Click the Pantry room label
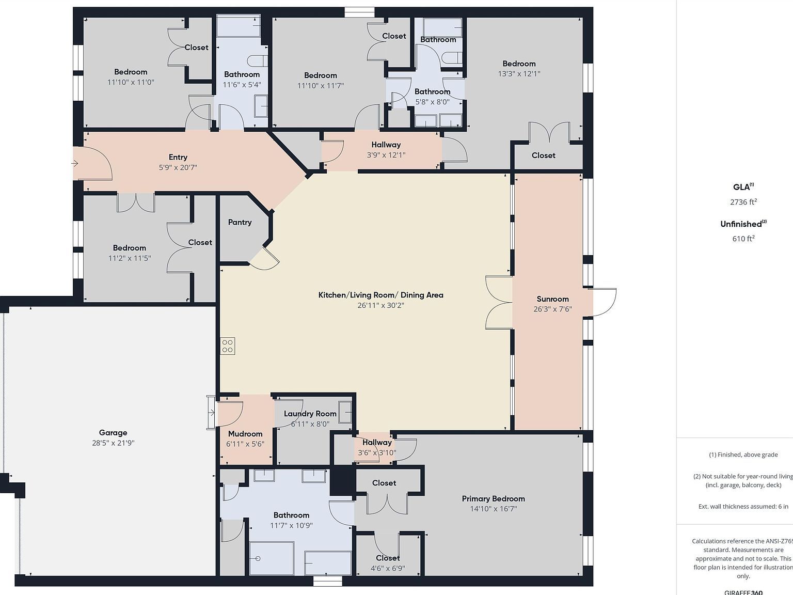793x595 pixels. pyautogui.click(x=240, y=222)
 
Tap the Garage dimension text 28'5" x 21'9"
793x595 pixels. pyautogui.click(x=113, y=443)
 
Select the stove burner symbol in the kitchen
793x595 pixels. pyautogui.click(x=228, y=346)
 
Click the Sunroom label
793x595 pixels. pyautogui.click(x=552, y=299)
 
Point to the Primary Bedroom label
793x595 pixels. pyautogui.click(x=493, y=498)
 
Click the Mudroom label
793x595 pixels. pyautogui.click(x=245, y=434)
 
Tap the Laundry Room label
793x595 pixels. pyautogui.click(x=310, y=414)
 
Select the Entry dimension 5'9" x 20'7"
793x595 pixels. pyautogui.click(x=178, y=167)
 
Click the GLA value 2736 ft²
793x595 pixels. pyautogui.click(x=743, y=202)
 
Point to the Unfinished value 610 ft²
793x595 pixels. pyautogui.click(x=743, y=239)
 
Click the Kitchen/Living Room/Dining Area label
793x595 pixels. pyautogui.click(x=380, y=295)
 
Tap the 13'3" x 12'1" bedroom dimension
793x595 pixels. pyautogui.click(x=519, y=73)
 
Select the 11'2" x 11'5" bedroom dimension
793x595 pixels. pyautogui.click(x=129, y=258)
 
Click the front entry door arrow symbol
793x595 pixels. pyautogui.click(x=75, y=164)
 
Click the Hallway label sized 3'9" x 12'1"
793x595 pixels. pyautogui.click(x=386, y=145)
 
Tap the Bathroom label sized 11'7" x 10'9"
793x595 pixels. pyautogui.click(x=291, y=515)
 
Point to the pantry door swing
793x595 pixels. pyautogui.click(x=266, y=258)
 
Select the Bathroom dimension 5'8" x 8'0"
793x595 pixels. pyautogui.click(x=432, y=102)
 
